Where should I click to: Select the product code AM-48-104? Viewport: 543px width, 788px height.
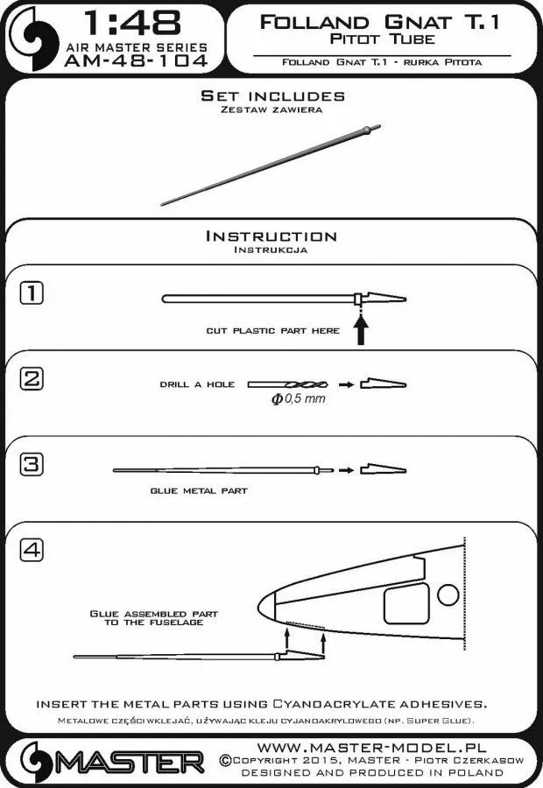pos(135,60)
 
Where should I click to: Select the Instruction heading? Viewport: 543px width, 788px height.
pos(271,236)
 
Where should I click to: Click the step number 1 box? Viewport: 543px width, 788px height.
pos(31,293)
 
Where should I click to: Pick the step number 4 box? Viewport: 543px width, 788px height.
pos(31,550)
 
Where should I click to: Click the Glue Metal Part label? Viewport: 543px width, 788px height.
pos(198,491)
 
